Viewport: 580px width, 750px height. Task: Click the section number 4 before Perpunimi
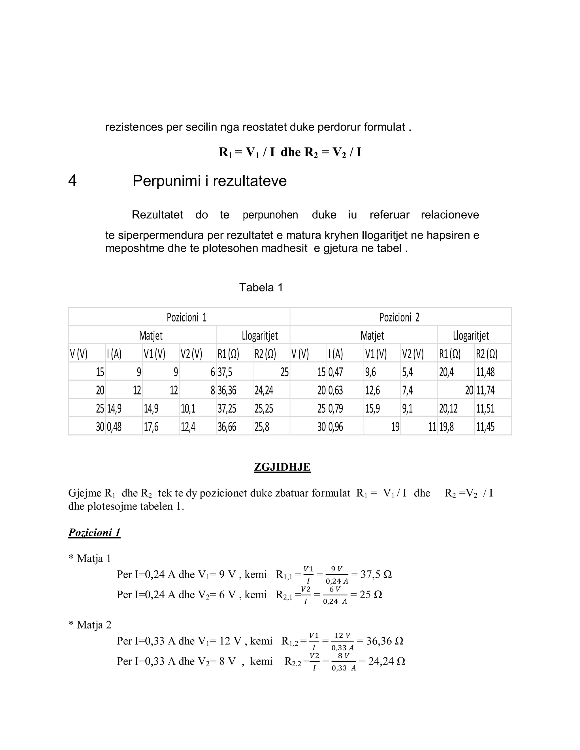(72, 181)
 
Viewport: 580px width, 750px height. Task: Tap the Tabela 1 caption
(261, 288)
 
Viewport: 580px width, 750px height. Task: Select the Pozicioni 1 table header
(187, 317)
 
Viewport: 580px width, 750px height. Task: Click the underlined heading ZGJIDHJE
(282, 467)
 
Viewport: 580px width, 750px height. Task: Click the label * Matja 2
(90, 625)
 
